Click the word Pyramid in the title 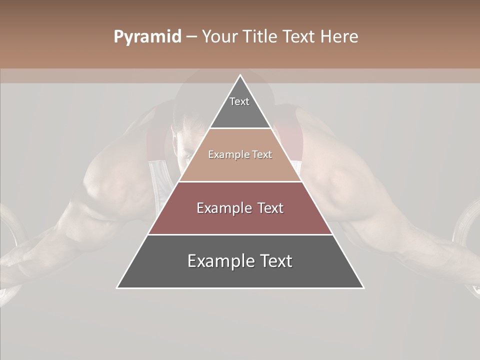tap(147, 37)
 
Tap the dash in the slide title tap(191, 37)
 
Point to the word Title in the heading tap(261, 37)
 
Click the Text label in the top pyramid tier tap(239, 101)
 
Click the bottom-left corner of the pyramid tap(117, 287)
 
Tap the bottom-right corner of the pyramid tap(363, 287)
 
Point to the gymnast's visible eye tap(187, 155)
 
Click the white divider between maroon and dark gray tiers tap(240, 234)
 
